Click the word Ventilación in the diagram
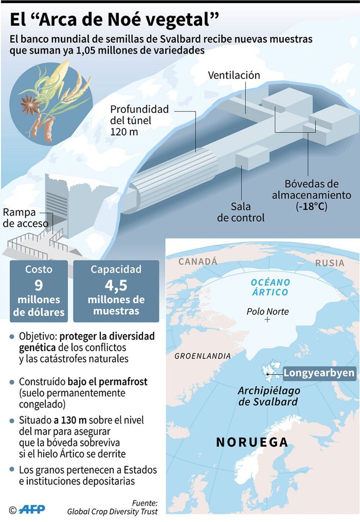point(234,75)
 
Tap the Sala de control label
point(241,212)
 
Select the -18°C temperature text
point(312,206)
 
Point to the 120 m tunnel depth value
point(124,132)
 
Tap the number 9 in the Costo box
point(39,285)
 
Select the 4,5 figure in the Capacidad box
point(116,285)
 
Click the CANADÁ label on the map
point(198,261)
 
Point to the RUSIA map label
point(330,263)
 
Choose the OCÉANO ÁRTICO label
point(270,287)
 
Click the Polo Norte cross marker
point(267,320)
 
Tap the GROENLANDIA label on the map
point(202,356)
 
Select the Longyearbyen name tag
point(319,373)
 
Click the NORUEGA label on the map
point(252,442)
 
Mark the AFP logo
point(32,509)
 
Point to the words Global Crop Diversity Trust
point(112,511)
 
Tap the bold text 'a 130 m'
point(70,420)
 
